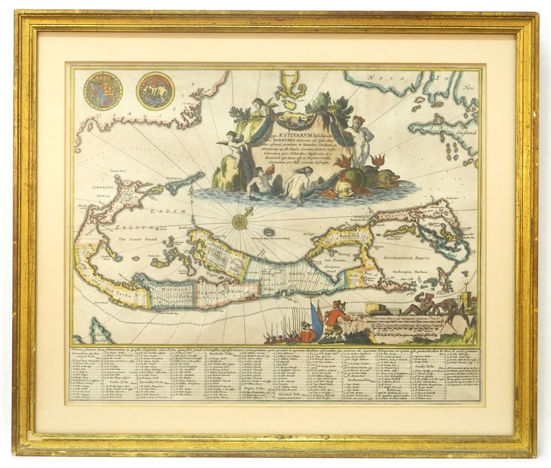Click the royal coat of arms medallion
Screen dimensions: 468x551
tap(102, 90)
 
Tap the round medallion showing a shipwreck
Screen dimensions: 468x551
tap(156, 91)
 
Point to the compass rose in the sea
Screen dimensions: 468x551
tap(239, 221)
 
